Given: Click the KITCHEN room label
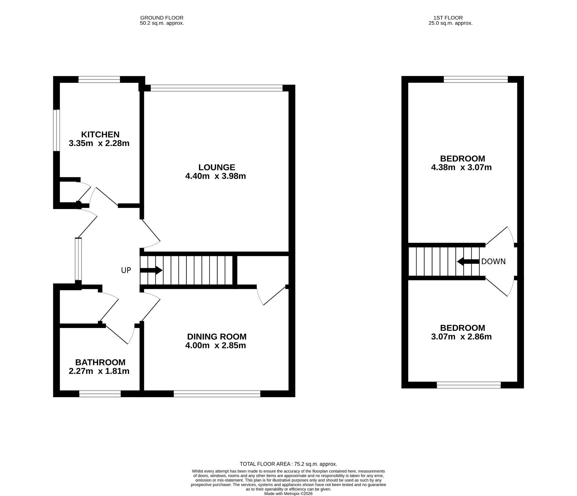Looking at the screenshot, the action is click(100, 134).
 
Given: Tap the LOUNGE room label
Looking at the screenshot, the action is click(217, 167).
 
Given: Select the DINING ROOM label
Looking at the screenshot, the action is click(217, 336).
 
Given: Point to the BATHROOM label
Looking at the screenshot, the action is click(100, 362).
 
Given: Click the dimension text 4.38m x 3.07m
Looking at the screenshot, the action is click(461, 168).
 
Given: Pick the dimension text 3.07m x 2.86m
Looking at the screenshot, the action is click(461, 337).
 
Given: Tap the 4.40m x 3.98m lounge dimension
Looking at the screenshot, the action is click(216, 176).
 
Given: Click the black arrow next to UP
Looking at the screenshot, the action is click(151, 270).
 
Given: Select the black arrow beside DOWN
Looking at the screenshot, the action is click(468, 261).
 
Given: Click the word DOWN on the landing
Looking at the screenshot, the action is click(493, 262).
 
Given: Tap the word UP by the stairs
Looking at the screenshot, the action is click(126, 270).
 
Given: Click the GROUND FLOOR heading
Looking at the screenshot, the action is click(162, 18).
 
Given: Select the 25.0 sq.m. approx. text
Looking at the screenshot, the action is click(450, 23).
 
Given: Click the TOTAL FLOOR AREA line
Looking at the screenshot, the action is click(288, 464).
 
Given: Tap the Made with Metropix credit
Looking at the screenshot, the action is click(288, 493).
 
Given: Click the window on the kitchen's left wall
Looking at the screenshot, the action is click(57, 130).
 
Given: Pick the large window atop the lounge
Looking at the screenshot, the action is click(217, 88).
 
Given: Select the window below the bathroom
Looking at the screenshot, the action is click(100, 394).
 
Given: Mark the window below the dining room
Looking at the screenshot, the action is click(217, 394).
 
